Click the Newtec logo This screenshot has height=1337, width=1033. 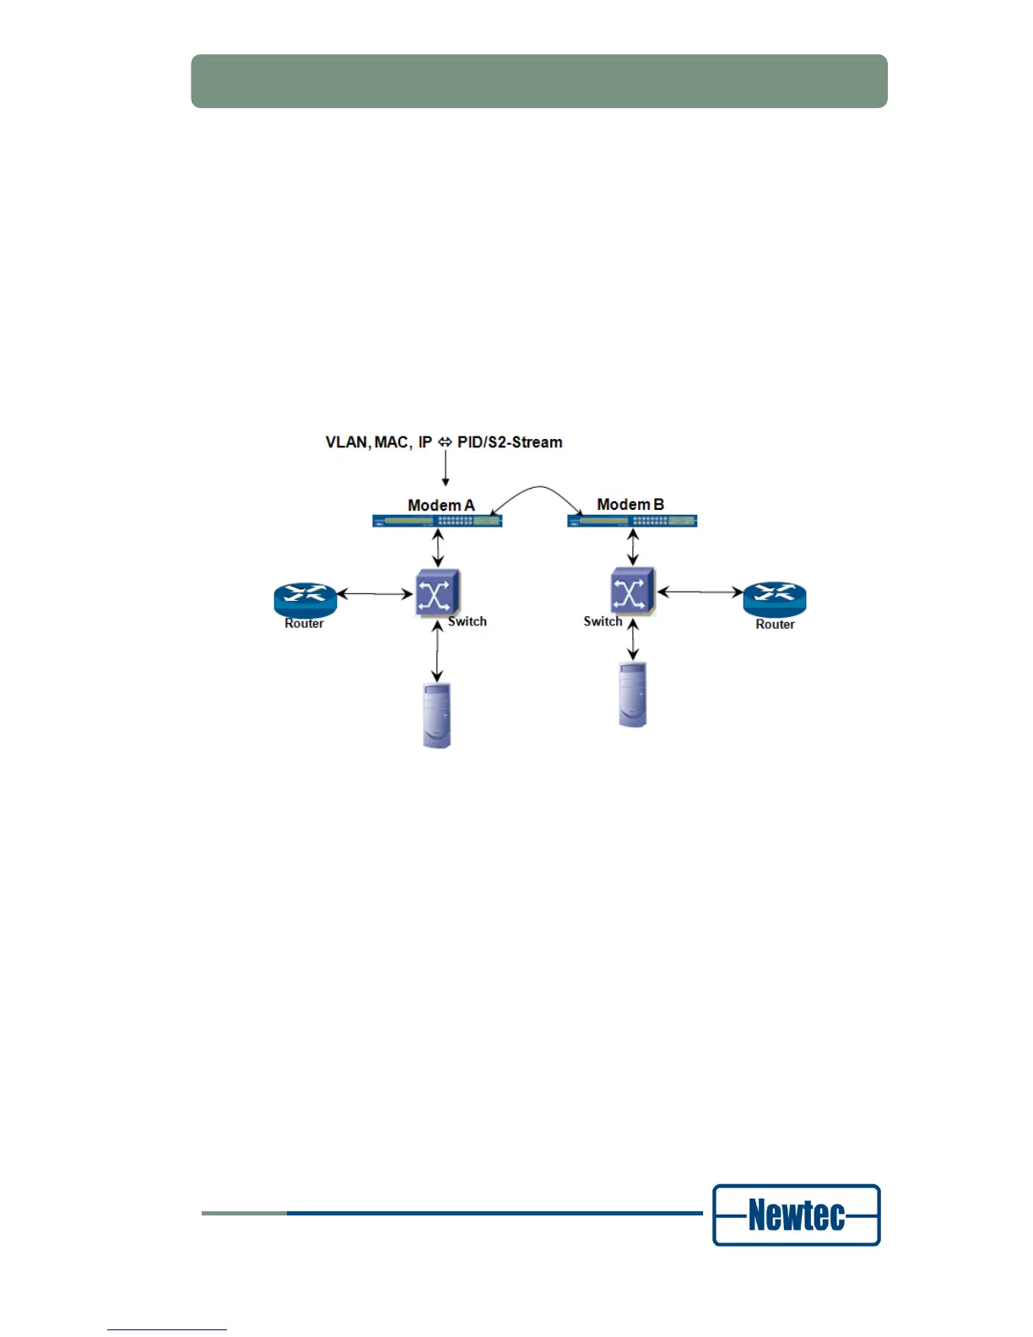coord(796,1215)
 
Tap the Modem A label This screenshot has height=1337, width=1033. coord(441,505)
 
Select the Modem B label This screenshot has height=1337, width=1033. coord(630,504)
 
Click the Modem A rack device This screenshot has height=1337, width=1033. coord(437,521)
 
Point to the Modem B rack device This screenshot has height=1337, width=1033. coord(632,521)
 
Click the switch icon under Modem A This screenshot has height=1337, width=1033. coord(436,593)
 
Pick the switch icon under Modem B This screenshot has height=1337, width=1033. coord(632,591)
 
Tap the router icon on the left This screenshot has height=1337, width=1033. coord(305,598)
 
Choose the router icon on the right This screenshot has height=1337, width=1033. coord(774,598)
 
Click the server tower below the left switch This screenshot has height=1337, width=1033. coord(436,716)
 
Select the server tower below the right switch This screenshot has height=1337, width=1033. coord(632,695)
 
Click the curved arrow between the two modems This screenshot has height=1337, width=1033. coord(538,490)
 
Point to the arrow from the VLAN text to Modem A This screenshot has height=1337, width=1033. coord(446,468)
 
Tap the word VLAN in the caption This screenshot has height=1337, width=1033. coord(347,442)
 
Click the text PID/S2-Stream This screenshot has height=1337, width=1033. coord(510,442)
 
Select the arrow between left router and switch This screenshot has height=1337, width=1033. coord(375,594)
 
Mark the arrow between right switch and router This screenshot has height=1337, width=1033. coord(700,592)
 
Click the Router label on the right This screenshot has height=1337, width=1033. coord(775,625)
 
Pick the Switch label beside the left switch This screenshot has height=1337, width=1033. coord(468,621)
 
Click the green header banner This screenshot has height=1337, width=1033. coord(538,81)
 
